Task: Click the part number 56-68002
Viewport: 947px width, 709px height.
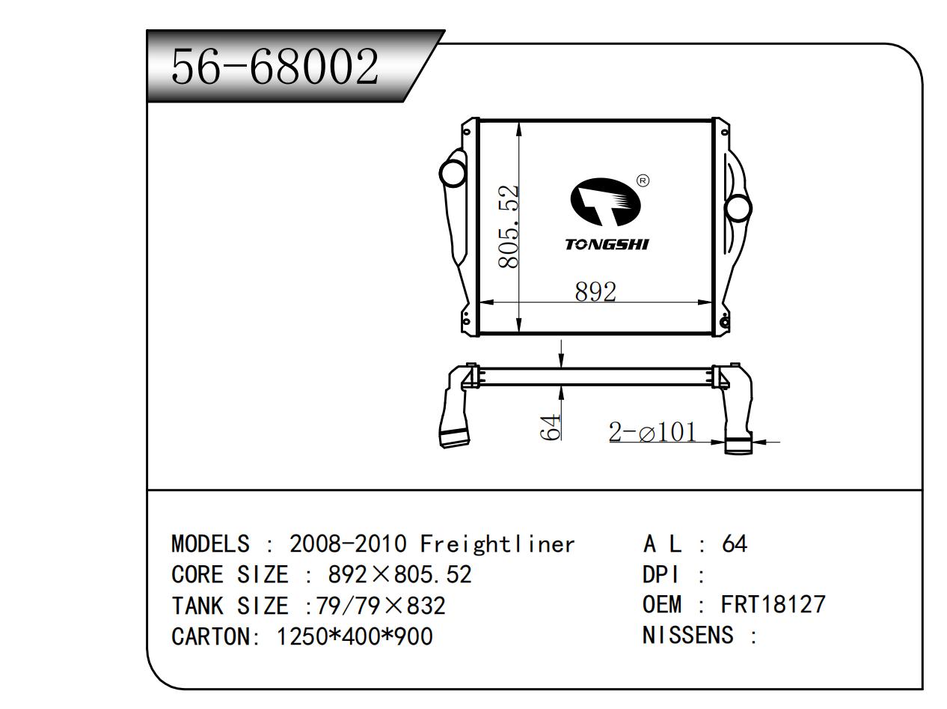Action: coord(275,67)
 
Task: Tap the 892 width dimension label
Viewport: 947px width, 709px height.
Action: coord(595,291)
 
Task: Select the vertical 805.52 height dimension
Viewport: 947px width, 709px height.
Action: coord(509,226)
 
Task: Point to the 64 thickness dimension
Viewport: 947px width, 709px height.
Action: coord(551,426)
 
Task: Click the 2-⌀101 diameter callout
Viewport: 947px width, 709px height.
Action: coord(652,432)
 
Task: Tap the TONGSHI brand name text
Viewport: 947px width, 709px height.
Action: coord(607,245)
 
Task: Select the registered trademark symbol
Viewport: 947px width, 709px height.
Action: coord(643,180)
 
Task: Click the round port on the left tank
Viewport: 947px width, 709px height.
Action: coord(453,173)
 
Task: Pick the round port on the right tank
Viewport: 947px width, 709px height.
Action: coord(738,207)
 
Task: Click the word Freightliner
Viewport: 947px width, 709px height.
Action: coord(497,544)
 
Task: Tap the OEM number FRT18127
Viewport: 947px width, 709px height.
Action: coord(773,604)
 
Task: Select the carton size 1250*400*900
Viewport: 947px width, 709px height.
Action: coord(355,636)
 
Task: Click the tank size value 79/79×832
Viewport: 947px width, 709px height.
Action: coord(381,605)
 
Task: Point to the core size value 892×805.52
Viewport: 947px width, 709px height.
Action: coord(400,574)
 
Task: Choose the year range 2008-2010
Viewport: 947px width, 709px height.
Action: coord(348,544)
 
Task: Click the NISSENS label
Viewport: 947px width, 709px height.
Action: coord(687,636)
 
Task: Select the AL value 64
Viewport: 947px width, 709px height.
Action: coord(734,544)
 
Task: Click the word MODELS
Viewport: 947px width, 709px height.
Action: coord(210,544)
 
